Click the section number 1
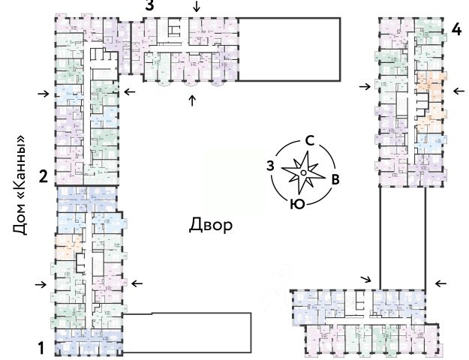pyautogui.click(x=42, y=348)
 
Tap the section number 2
pyautogui.click(x=43, y=178)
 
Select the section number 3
pyautogui.click(x=150, y=6)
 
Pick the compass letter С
pyautogui.click(x=308, y=141)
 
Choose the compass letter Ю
pyautogui.click(x=297, y=203)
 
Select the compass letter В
pyautogui.click(x=335, y=178)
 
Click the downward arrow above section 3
pyautogui.click(x=197, y=7)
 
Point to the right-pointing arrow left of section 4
pyautogui.click(x=365, y=87)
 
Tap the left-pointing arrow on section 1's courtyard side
pyautogui.click(x=137, y=283)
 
